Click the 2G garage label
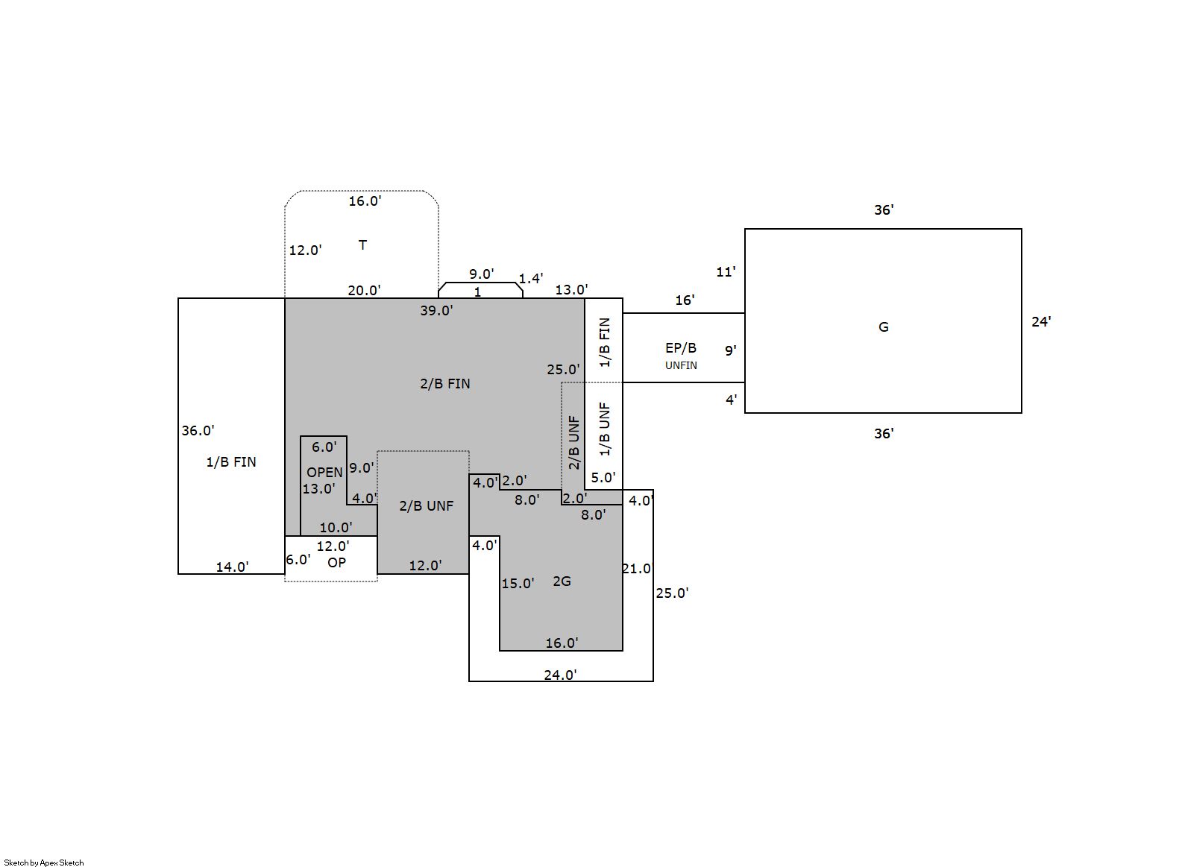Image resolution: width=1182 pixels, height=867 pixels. click(562, 581)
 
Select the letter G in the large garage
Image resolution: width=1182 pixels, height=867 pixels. click(884, 327)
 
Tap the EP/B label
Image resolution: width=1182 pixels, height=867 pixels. click(681, 348)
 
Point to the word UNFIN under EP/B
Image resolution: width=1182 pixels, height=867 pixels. click(681, 365)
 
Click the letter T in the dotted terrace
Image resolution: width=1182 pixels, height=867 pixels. click(362, 245)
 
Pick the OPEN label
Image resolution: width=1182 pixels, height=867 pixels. click(324, 472)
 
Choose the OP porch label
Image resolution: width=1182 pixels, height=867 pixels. click(336, 562)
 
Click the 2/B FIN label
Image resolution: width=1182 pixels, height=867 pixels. click(444, 384)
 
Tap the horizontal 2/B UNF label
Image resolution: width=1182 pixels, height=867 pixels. click(426, 506)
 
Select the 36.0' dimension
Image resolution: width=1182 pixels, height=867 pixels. click(198, 430)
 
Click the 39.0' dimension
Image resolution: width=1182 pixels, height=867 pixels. click(436, 311)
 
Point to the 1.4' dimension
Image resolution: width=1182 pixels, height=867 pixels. click(531, 279)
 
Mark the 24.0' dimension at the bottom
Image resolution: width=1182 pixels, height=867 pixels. click(560, 675)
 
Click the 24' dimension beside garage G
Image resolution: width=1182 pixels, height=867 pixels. click(1041, 322)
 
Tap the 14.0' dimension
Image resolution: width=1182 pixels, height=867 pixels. click(232, 567)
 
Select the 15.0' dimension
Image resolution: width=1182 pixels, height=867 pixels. click(518, 583)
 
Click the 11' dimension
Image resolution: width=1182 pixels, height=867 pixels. click(726, 271)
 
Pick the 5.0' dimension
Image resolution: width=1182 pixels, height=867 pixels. click(603, 478)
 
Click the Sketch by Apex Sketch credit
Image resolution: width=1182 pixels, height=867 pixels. click(44, 863)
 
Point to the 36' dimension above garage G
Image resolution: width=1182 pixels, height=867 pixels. click(884, 210)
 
